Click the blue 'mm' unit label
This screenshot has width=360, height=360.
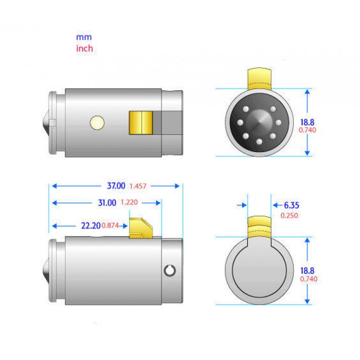[84, 37]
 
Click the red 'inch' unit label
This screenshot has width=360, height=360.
[84, 48]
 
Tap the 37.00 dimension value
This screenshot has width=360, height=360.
[116, 186]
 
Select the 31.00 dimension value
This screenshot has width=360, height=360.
[107, 203]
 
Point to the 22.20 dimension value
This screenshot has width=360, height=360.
[91, 226]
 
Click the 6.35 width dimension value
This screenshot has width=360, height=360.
[291, 205]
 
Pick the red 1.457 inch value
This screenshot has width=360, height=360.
[138, 186]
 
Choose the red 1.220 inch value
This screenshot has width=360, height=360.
[129, 202]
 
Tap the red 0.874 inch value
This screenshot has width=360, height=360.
[110, 225]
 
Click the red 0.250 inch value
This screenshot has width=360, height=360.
[289, 215]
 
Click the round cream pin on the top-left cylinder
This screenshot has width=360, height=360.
[97, 123]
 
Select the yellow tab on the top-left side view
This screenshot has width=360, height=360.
[141, 123]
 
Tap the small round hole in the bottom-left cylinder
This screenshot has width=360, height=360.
[170, 271]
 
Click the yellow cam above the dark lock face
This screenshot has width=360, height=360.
[260, 79]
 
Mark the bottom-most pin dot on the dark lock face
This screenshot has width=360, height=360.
[259, 142]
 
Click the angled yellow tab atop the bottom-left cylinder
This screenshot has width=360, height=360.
[141, 228]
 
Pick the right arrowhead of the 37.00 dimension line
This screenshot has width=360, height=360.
[177, 186]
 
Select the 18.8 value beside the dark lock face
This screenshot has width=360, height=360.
[307, 123]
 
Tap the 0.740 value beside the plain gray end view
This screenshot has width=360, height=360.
[308, 279]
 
